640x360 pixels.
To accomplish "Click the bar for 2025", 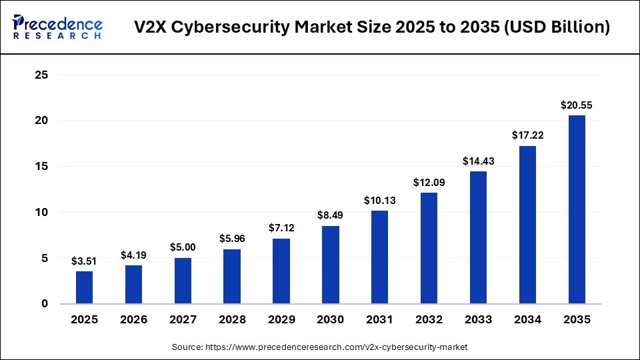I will [84, 287].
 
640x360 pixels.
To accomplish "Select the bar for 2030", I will [331, 265].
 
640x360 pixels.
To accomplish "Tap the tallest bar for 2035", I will [577, 209].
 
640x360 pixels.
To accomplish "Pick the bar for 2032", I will [429, 248].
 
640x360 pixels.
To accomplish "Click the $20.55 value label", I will [577, 105].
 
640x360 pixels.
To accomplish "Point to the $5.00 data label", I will [183, 247].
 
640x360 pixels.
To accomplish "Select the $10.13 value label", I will [380, 200].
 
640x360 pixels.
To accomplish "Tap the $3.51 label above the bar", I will [84, 261].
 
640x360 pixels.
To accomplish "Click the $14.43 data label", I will [478, 161].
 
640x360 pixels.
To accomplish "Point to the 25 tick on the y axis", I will [42, 75].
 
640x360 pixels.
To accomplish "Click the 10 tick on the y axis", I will [42, 213].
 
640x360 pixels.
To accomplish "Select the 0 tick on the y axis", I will [45, 304].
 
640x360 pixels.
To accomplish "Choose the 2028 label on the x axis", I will [232, 320].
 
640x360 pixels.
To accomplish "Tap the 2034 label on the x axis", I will [527, 320].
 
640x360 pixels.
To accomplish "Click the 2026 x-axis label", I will [133, 320].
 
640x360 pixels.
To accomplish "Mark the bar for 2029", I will [281, 271].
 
